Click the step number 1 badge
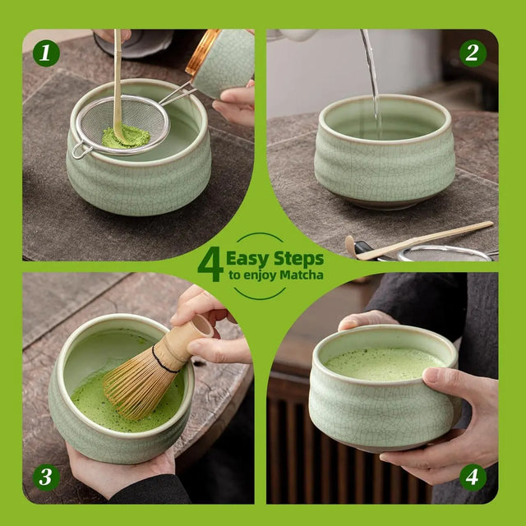[46, 53]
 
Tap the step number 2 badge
[473, 53]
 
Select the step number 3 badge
[46, 478]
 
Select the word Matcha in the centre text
[302, 275]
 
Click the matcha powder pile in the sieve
[125, 138]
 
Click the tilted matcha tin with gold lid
[220, 62]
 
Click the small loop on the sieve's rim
[80, 151]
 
